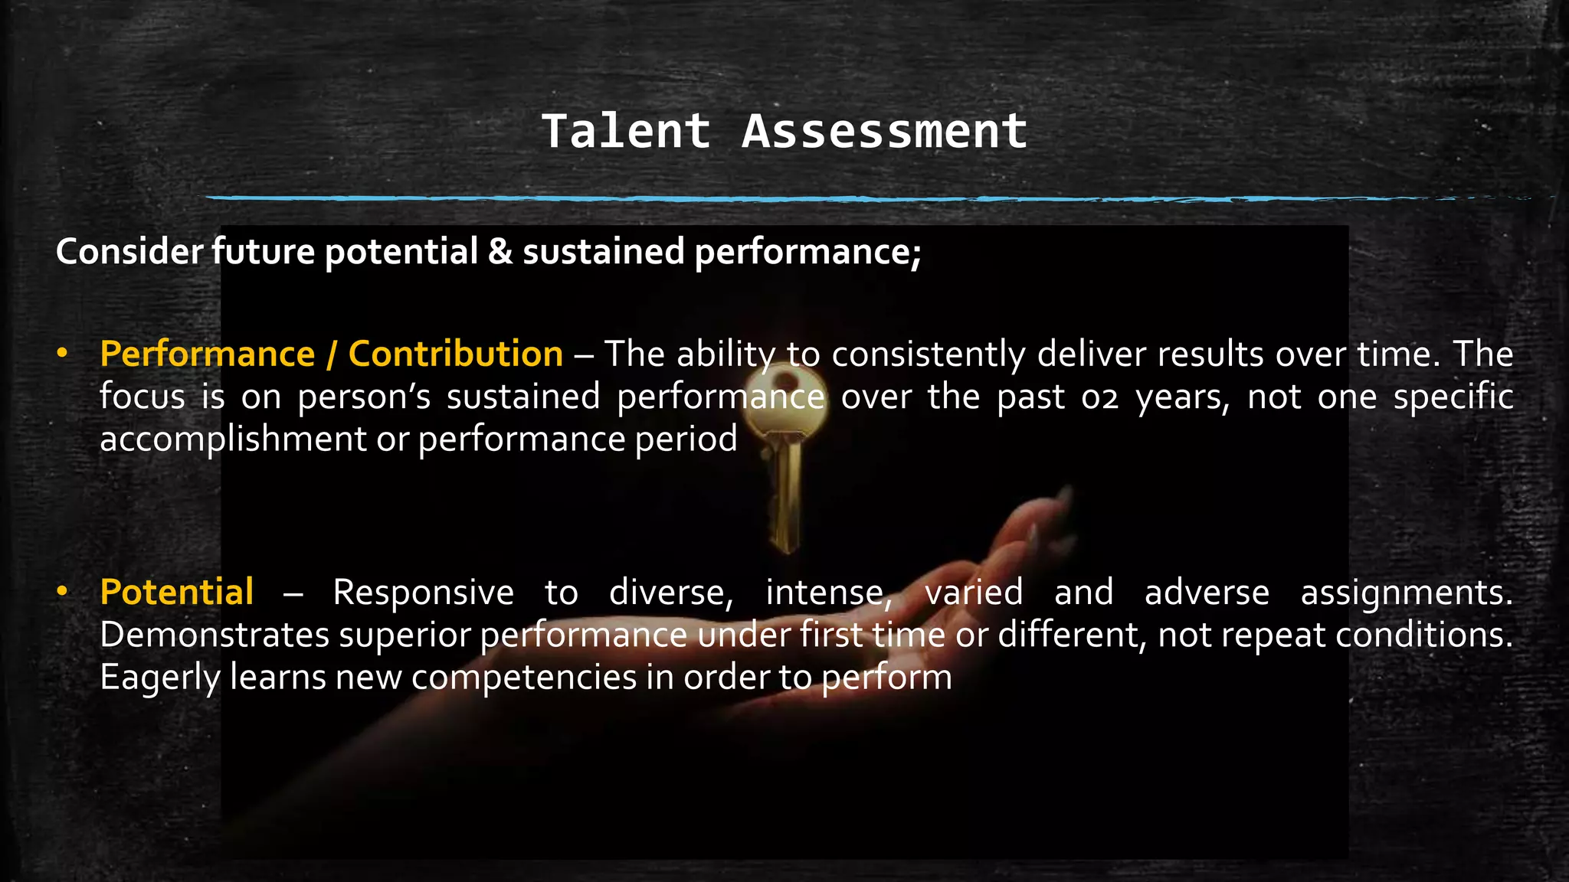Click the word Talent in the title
point(626,131)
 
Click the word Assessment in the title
point(884,131)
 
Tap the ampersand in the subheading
point(500,252)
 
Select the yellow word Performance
point(207,354)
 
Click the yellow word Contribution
point(455,354)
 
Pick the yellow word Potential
point(176,593)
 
